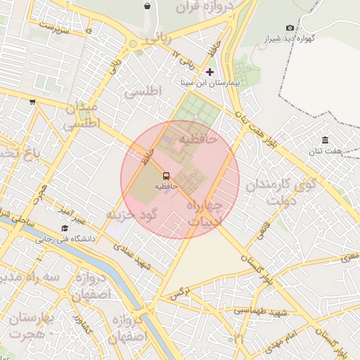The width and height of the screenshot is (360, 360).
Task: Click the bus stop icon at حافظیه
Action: coord(166,174)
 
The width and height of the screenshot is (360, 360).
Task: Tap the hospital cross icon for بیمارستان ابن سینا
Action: coord(210,72)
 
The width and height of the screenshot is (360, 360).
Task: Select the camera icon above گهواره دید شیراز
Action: coord(290,27)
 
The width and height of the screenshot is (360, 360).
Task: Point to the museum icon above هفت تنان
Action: coord(325,141)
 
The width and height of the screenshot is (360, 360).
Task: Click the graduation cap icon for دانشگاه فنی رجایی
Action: coord(65,229)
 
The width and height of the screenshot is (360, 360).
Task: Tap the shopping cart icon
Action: coord(32,102)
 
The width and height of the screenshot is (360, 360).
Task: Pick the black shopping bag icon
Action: coord(147,6)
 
